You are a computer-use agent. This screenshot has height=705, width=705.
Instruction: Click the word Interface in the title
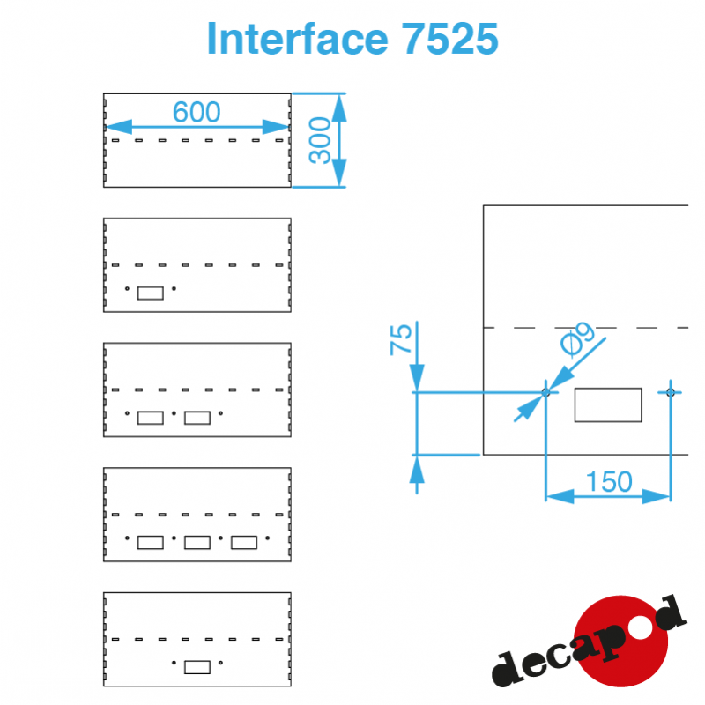297,39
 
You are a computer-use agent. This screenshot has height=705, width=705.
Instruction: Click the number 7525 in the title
449,39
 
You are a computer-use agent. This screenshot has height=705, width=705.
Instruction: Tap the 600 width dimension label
197,112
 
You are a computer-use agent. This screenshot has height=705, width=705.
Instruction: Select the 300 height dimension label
320,140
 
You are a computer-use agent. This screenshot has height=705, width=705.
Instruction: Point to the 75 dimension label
400,339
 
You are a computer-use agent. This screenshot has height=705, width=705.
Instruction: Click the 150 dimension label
609,481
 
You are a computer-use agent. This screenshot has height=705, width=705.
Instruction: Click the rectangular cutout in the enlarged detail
608,404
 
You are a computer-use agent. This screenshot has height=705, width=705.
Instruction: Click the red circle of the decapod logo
621,642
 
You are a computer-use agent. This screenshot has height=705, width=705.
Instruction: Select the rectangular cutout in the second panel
151,293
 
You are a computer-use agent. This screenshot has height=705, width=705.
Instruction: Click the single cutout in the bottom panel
197,667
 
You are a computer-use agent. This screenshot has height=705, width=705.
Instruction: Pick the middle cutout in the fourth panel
197,543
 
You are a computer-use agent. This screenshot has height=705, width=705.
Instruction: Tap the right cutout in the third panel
197,418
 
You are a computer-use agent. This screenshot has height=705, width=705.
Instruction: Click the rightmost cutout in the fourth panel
244,543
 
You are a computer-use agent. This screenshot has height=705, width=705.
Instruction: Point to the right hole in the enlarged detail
671,392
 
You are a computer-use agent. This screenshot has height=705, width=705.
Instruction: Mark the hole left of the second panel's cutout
127,289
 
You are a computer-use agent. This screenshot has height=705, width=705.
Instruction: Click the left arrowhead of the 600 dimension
118,127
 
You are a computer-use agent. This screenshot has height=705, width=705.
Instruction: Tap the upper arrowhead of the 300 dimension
339,108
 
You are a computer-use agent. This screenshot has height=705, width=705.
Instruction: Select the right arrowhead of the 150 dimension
657,496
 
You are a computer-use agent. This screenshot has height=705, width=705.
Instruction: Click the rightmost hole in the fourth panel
268,538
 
